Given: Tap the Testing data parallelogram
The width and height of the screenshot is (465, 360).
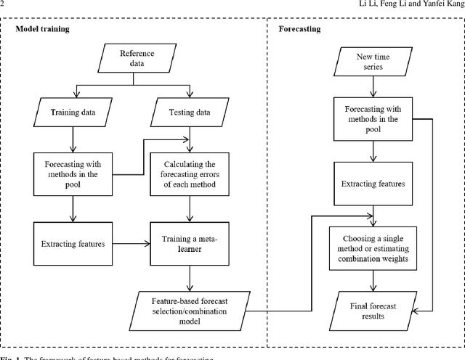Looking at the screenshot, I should click(190, 112).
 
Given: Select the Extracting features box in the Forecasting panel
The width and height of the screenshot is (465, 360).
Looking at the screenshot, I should click(373, 184).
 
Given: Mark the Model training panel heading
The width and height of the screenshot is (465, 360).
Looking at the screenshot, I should click(47, 30).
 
